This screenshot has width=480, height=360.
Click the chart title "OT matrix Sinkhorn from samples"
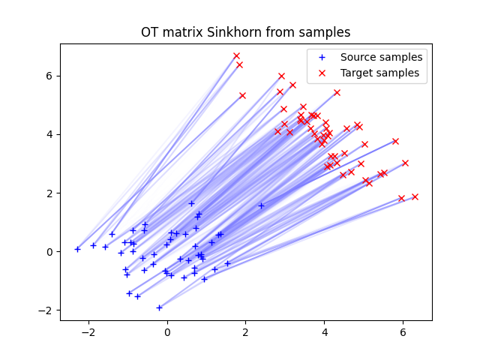point(246,32)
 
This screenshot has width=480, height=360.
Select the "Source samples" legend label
point(381,57)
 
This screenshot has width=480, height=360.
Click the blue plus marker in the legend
point(322,57)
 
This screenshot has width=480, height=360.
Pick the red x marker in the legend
point(322,73)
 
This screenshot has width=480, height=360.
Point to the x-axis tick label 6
point(403,331)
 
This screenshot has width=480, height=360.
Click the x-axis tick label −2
point(88,331)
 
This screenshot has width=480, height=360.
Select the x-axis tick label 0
point(167,331)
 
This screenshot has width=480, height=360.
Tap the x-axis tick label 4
point(324,331)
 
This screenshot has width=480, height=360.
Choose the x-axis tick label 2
point(246,331)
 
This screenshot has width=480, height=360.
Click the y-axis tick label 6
point(50,76)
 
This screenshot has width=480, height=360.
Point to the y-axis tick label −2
point(47,310)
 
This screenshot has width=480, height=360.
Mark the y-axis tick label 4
point(50,134)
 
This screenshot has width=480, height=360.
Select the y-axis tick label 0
point(50,252)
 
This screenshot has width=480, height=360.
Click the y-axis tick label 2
point(50,193)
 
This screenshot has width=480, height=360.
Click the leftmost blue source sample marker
point(77,249)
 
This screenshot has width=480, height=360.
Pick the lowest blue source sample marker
point(159,307)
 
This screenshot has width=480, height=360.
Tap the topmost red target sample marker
point(236,55)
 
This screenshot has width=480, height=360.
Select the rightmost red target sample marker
point(415,196)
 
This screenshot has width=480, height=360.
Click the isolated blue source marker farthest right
point(261,205)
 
